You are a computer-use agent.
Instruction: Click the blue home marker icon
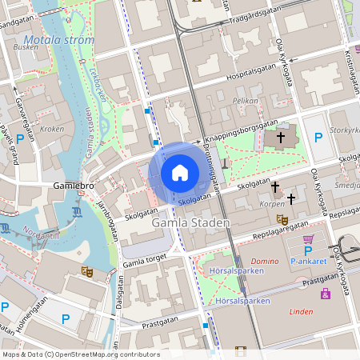point(180,172)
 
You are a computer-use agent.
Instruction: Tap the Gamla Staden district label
point(190,223)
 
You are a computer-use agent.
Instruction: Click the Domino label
point(265,262)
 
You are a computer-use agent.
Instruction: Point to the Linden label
point(301,311)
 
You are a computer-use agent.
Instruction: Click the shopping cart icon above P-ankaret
point(308,238)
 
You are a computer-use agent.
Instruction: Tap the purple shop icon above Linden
point(326,294)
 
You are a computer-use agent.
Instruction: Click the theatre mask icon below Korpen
point(282,219)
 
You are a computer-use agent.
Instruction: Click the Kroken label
point(52,129)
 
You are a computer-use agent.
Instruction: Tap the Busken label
point(26,47)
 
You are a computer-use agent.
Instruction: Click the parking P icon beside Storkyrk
point(318,137)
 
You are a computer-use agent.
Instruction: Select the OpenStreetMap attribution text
point(81,354)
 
